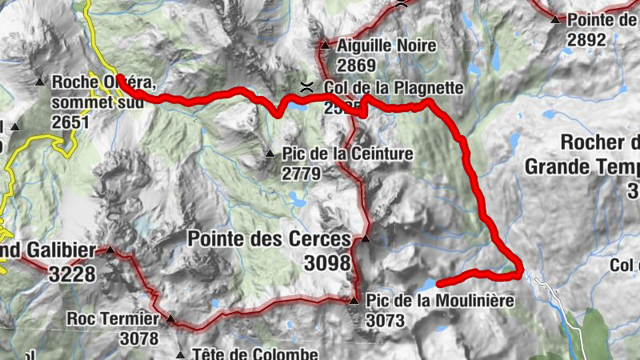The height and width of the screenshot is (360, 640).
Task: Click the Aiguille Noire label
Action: [386, 46]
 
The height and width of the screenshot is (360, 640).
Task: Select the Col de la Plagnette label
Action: [394, 88]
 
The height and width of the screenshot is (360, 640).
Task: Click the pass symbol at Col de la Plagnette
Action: [305, 86]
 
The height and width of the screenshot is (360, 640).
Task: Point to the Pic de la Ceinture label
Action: [347, 154]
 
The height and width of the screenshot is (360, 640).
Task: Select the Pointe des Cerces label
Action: [269, 239]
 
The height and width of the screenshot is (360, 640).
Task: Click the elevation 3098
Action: [328, 262]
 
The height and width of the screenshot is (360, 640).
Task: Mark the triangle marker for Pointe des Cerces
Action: [366, 238]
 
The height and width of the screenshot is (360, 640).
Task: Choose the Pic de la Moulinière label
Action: [438, 302]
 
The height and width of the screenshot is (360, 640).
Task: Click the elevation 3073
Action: [387, 321]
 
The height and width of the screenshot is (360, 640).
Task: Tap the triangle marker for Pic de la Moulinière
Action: [354, 301]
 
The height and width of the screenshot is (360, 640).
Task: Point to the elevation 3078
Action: [139, 338]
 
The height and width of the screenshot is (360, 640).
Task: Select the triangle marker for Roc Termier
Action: [170, 319]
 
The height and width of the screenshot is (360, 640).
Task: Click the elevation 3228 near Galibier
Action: [72, 274]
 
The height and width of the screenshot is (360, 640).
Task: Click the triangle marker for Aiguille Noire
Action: [324, 46]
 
